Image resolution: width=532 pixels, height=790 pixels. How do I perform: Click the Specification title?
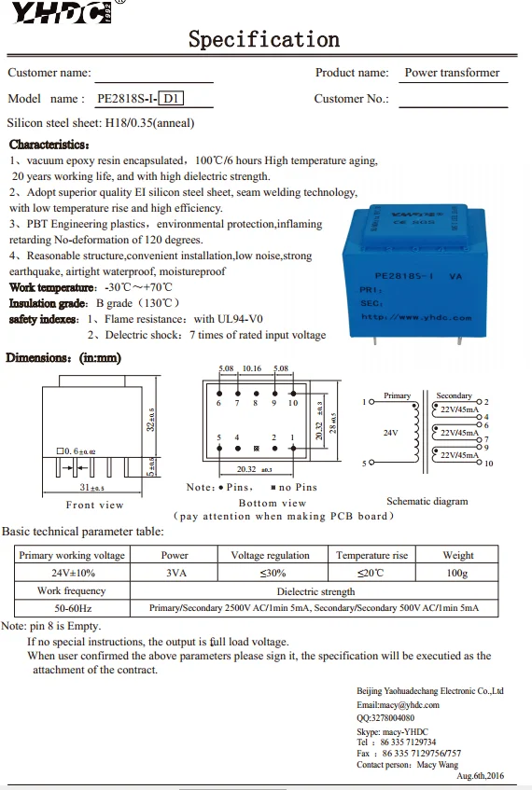[264, 39]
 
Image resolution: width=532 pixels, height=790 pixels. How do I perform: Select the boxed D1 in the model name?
[172, 98]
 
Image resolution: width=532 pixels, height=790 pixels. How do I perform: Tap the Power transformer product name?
[452, 73]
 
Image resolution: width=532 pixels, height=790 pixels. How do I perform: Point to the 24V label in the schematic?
[390, 433]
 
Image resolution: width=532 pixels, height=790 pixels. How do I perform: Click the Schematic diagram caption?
[427, 501]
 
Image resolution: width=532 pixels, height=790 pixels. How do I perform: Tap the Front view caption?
[94, 505]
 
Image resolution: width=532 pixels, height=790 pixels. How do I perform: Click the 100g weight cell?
[457, 573]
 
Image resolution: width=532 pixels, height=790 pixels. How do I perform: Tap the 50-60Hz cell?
[72, 608]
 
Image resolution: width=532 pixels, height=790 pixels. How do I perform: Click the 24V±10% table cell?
[72, 573]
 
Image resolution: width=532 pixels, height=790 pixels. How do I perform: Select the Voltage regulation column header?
[270, 555]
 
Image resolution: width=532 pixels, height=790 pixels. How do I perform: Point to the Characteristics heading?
[49, 145]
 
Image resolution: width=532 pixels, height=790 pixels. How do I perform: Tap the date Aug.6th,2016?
[480, 776]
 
